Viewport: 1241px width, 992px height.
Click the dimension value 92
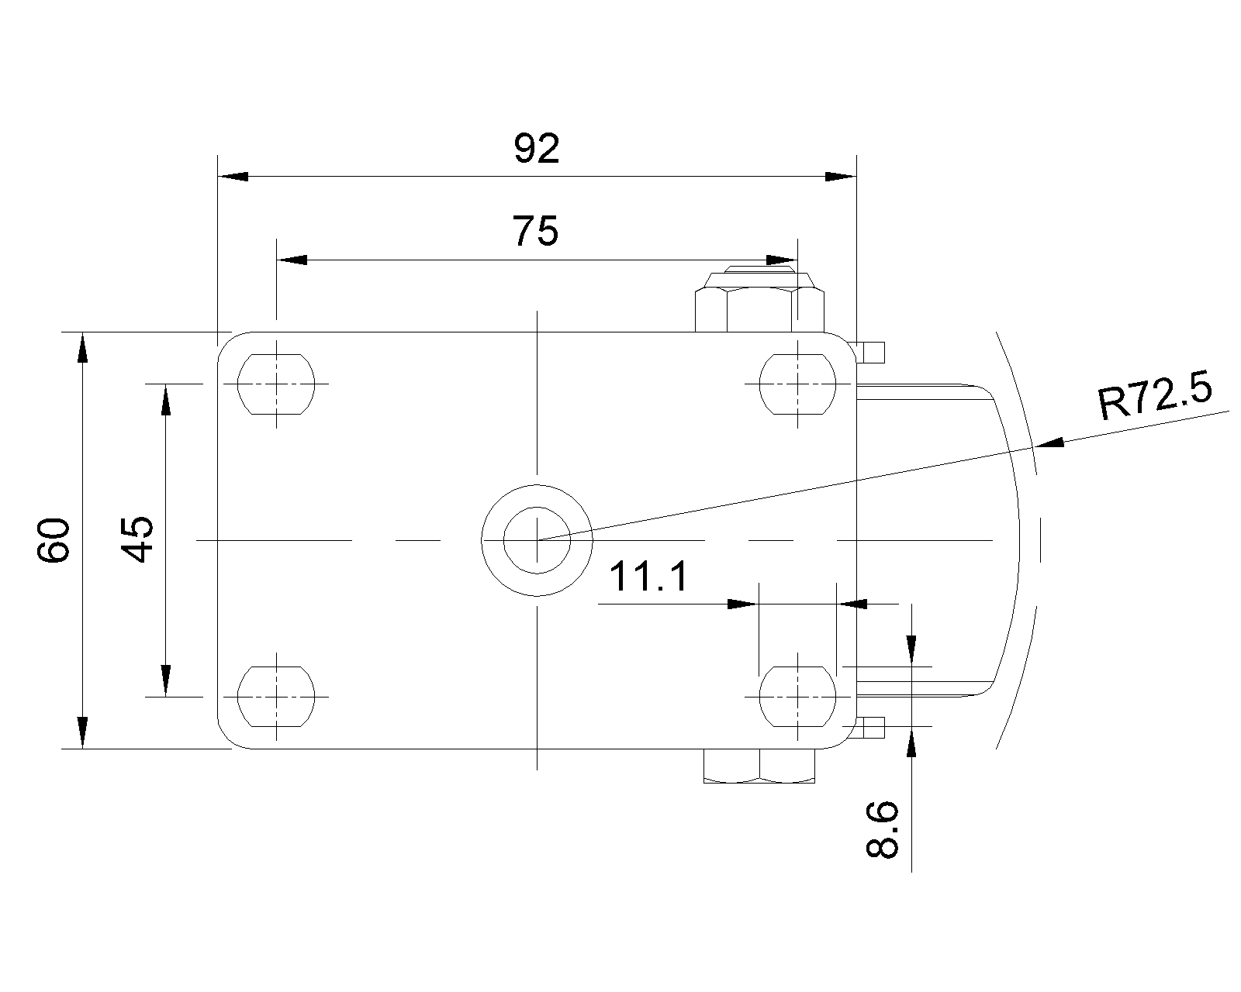[x=536, y=150]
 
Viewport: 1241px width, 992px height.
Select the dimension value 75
[x=535, y=231]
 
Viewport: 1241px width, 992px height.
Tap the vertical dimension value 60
[x=56, y=541]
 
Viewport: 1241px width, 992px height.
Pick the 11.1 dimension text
[x=648, y=577]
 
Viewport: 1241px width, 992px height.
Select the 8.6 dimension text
[x=883, y=830]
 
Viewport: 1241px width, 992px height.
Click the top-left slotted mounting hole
[x=276, y=384]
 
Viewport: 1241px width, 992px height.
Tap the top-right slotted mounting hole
[x=797, y=384]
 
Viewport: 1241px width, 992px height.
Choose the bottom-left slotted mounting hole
[x=276, y=696]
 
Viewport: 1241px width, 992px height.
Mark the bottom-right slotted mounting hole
[x=797, y=696]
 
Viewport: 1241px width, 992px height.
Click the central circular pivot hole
[x=537, y=539]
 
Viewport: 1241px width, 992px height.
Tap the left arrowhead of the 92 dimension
[x=232, y=177]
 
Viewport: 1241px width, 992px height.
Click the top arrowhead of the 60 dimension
[x=82, y=346]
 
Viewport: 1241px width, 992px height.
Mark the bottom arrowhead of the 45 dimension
[x=165, y=681]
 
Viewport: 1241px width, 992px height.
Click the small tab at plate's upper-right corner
[x=872, y=353]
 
